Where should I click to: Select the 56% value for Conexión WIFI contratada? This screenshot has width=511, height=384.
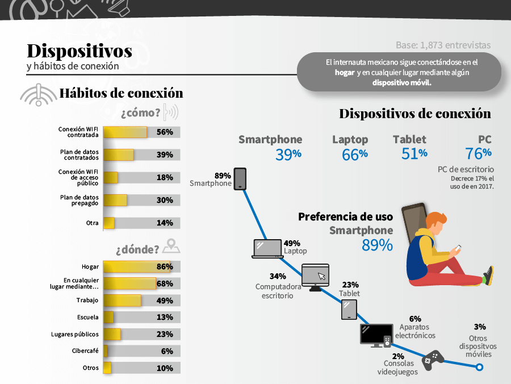point(165,132)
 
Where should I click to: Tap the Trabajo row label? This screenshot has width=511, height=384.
point(87,300)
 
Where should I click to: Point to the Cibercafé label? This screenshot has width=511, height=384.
point(85,351)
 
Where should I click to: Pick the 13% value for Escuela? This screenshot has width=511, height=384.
point(165,317)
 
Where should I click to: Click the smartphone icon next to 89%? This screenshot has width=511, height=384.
point(240,178)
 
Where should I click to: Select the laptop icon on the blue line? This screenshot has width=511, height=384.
point(267,249)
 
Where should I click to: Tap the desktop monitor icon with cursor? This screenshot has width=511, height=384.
point(315,277)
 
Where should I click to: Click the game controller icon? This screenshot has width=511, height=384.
point(434,358)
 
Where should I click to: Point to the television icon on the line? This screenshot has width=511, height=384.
point(376,336)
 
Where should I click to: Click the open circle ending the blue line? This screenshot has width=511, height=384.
point(479,368)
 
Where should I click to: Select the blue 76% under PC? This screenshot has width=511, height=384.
point(478,153)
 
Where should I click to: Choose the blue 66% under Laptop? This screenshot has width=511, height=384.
point(354,154)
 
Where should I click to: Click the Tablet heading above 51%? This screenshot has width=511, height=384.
point(409,139)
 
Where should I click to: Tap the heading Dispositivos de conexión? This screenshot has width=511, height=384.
point(415,114)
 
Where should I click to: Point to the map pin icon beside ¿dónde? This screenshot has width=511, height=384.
point(171,247)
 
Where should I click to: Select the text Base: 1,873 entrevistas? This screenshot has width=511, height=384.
point(443,45)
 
